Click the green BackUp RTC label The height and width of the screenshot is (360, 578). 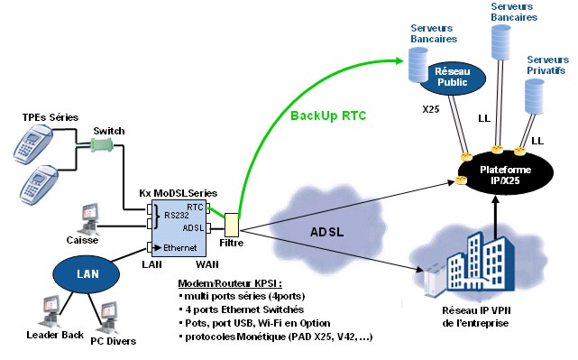[330, 115]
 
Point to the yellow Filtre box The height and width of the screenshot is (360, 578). [232, 225]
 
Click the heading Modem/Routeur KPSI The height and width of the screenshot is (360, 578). [232, 282]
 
